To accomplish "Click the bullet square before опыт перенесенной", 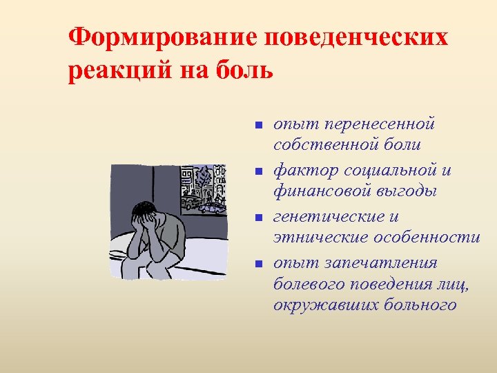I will click(x=255, y=125).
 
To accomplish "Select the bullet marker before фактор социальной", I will click(x=255, y=171).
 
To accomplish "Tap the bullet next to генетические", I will click(x=255, y=218).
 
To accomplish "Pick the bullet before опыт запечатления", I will click(x=255, y=263).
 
